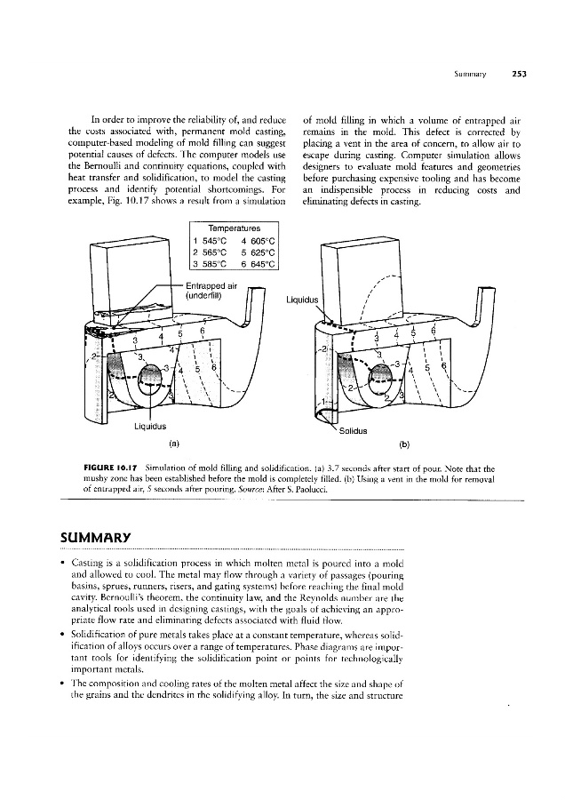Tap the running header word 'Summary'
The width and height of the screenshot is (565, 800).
pos(470,75)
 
